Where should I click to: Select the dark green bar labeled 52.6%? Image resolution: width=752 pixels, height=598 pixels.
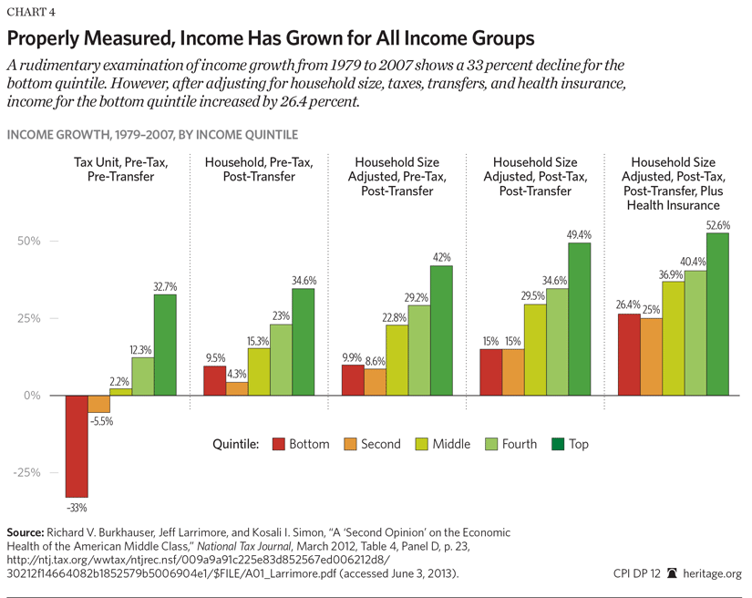(717, 314)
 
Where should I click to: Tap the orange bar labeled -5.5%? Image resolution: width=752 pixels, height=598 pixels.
(98, 404)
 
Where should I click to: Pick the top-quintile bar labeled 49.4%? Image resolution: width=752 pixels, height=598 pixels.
(579, 319)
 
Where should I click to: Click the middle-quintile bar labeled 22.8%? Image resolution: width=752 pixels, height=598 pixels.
(397, 360)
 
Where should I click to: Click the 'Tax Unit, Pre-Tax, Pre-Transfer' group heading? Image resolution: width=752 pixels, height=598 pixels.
(115, 169)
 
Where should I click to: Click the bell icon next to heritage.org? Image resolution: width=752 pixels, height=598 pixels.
(673, 573)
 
